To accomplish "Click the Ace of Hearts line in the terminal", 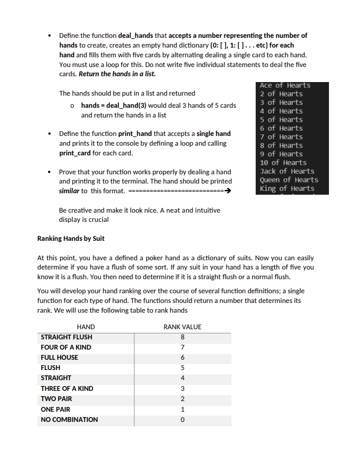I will coord(285,85).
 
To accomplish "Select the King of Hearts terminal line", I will coord(287,188).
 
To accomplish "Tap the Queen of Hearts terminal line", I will coord(289,180).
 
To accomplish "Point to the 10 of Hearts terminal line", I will coord(283,163).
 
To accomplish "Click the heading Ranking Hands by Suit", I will coord(71,238).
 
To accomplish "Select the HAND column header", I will coord(86,327).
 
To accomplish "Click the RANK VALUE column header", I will coord(182,327).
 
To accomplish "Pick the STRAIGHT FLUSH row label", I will coord(66,337).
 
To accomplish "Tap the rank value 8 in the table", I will coord(182,337).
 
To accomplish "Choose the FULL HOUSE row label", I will coord(59,357).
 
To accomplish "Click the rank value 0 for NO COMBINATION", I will coord(182,419).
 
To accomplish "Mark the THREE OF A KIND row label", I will coord(67,388).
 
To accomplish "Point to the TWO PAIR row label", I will coord(56,399).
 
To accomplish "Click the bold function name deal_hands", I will coord(136,35).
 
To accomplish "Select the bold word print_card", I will coord(75,153).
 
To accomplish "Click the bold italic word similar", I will coord(69,191).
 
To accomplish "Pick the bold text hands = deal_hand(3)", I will coord(113,105).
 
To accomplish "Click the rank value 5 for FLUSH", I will coord(182,368).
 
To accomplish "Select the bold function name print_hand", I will coord(135,134).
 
